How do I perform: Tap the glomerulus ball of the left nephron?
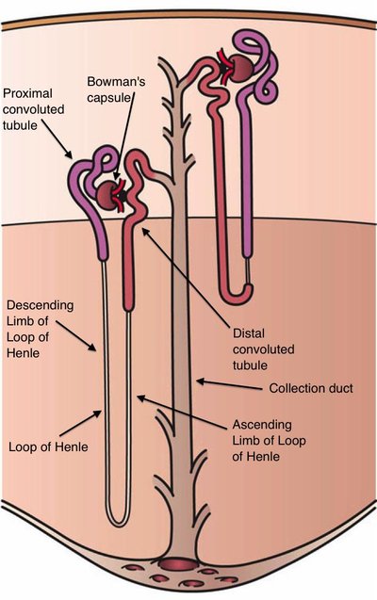(105, 193)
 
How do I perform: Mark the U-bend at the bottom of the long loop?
(118, 520)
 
